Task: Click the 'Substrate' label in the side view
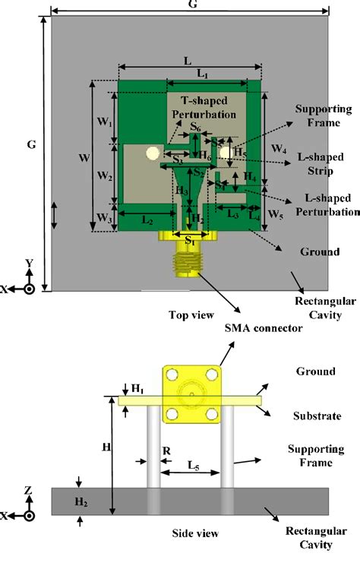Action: (315, 416)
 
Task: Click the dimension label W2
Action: (106, 177)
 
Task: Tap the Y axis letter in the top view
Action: (28, 264)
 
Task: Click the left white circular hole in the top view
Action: (153, 153)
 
